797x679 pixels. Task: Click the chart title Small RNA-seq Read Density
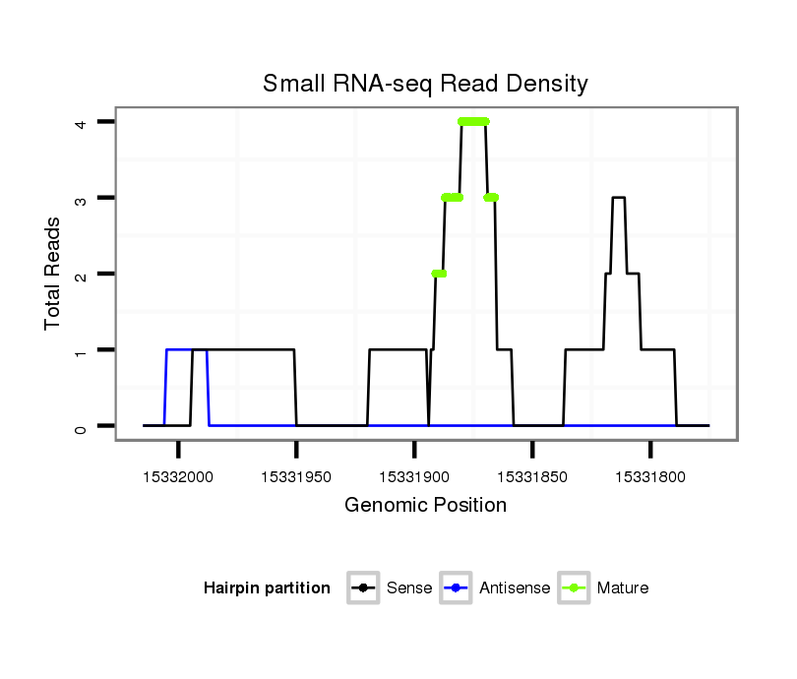pyautogui.click(x=425, y=84)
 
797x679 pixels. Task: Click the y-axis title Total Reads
pyautogui.click(x=53, y=274)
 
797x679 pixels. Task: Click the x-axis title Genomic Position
pyautogui.click(x=425, y=506)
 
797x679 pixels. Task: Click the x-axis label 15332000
pyautogui.click(x=178, y=477)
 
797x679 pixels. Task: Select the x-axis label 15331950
pyautogui.click(x=296, y=477)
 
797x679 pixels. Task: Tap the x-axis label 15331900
pyautogui.click(x=414, y=477)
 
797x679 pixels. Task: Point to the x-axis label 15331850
pyautogui.click(x=532, y=477)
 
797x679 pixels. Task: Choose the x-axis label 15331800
pyautogui.click(x=650, y=477)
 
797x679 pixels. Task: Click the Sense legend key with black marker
pyautogui.click(x=363, y=588)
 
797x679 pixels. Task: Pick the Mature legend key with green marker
pyautogui.click(x=574, y=588)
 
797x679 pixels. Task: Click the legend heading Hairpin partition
pyautogui.click(x=267, y=588)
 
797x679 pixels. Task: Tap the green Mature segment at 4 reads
pyautogui.click(x=473, y=122)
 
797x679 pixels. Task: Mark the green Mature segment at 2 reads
pyautogui.click(x=439, y=274)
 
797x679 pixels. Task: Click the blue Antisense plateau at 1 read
pyautogui.click(x=178, y=349)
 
